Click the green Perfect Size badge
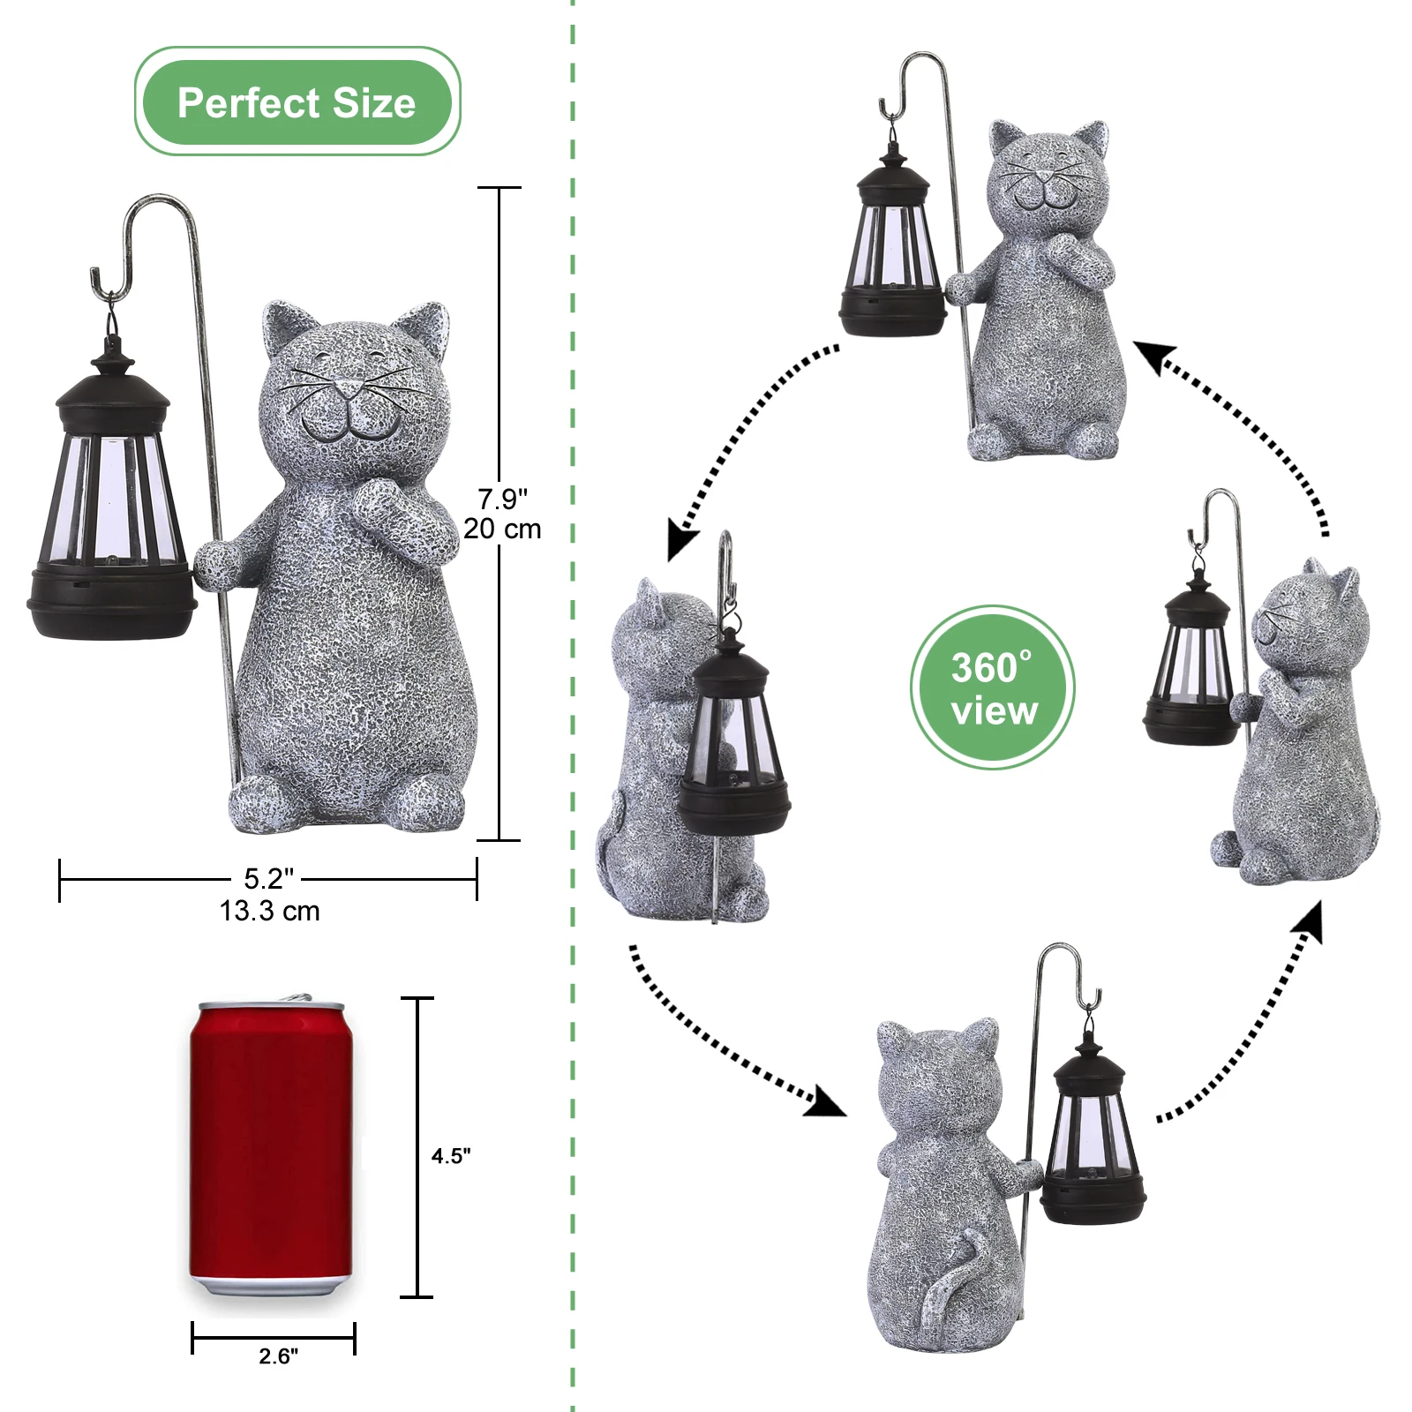[x=297, y=102]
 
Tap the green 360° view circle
[x=993, y=687]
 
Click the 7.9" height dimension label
[x=502, y=499]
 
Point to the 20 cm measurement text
[x=502, y=529]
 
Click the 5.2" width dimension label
[x=268, y=879]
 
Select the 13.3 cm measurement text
[x=269, y=911]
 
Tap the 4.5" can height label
[x=451, y=1156]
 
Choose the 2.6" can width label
[x=279, y=1356]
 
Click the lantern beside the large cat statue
[x=111, y=503]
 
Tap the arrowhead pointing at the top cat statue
[x=1152, y=356]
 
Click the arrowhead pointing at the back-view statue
[x=825, y=1103]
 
